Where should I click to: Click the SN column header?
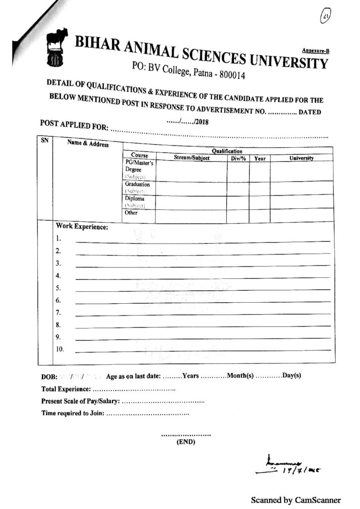coord(44,141)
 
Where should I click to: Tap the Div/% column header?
coord(238,159)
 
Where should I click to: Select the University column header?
coord(301,158)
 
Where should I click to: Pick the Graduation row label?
coord(137,184)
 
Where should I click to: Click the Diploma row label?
coord(135,198)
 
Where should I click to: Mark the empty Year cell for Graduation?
coord(259,188)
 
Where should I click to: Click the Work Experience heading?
coord(82,227)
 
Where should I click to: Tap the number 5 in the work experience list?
coord(58,288)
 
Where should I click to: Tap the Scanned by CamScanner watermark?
coord(295,500)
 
